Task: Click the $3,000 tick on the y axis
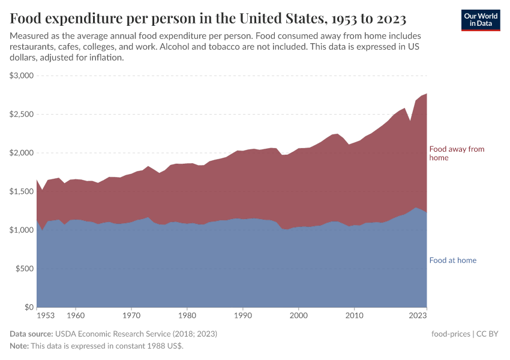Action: click(22, 76)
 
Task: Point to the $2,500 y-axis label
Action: click(22, 114)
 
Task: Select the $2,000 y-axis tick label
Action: click(22, 153)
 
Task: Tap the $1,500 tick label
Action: click(22, 191)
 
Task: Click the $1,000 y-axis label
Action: click(22, 230)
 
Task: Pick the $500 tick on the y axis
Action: click(25, 269)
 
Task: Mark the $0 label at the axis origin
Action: click(29, 307)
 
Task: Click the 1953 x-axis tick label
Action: click(46, 315)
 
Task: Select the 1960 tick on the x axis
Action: click(75, 315)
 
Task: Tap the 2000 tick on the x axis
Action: click(298, 315)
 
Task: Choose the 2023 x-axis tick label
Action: click(418, 315)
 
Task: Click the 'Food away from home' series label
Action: click(456, 153)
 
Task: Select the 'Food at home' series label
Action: click(452, 260)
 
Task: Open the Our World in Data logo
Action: click(480, 20)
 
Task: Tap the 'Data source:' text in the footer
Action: click(31, 334)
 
